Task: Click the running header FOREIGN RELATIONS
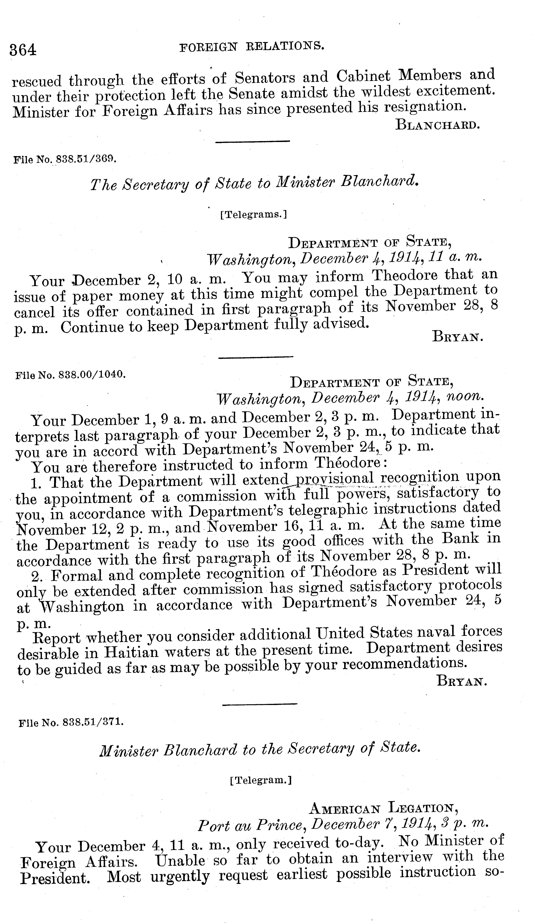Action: (x=252, y=47)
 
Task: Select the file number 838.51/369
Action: (x=65, y=160)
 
